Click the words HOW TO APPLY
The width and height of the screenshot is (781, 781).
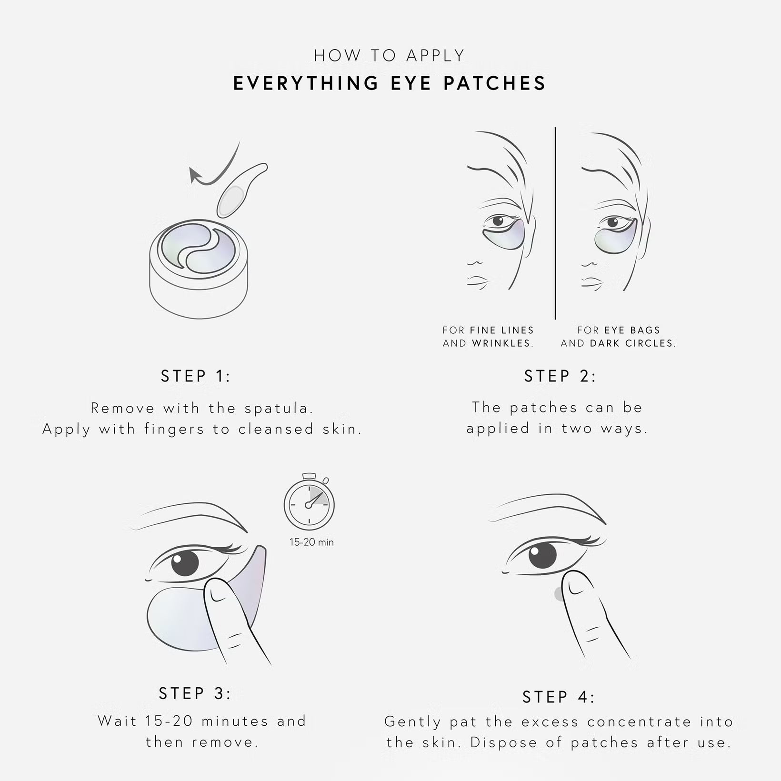[389, 56]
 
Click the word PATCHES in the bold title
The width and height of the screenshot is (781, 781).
[494, 83]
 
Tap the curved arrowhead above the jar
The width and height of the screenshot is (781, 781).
[195, 175]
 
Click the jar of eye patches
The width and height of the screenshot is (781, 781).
[199, 269]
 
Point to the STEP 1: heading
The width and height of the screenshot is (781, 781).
[196, 376]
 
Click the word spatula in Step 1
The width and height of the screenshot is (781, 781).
[279, 409]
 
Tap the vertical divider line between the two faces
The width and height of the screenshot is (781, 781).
[555, 223]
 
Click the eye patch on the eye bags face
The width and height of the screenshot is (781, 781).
[616, 238]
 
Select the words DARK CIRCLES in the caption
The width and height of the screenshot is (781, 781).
[632, 343]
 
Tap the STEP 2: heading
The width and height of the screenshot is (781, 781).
[560, 376]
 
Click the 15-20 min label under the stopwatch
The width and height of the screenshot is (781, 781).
[311, 542]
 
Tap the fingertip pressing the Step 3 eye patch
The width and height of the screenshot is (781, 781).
[217, 591]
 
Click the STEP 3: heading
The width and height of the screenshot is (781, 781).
[195, 693]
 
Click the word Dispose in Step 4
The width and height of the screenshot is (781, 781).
[504, 742]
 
